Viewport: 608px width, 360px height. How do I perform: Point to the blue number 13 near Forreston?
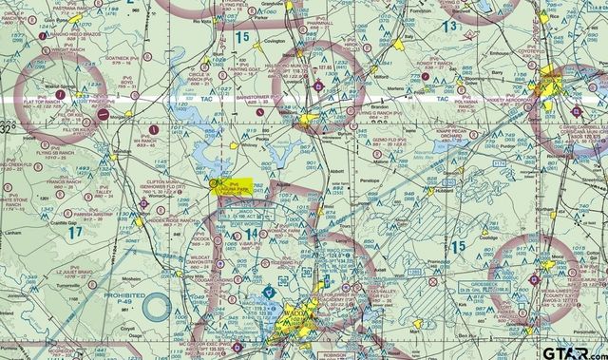click(x=462, y=25)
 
